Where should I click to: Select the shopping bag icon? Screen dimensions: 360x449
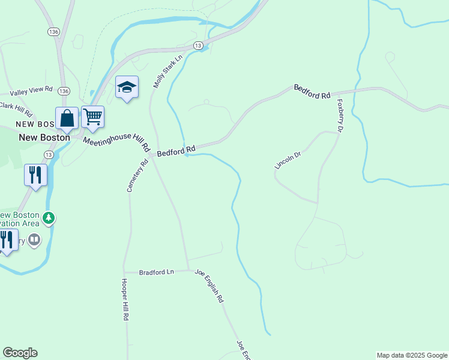pos(67,118)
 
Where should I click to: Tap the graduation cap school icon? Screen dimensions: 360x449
pos(127,87)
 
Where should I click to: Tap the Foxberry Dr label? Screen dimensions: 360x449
pos(340,115)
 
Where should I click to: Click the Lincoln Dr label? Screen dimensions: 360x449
pos(288,159)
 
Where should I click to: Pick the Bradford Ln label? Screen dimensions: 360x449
pos(156,272)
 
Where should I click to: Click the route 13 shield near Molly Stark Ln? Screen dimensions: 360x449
pos(197,46)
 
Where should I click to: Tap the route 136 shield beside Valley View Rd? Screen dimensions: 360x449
pos(64,91)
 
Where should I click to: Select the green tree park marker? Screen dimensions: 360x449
pos(49,218)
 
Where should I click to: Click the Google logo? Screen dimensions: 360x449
pos(20,353)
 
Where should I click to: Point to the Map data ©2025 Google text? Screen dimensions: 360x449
pos(412,355)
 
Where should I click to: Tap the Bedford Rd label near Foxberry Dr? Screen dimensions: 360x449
pos(312,92)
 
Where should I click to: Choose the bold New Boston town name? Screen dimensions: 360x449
pos(44,137)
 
